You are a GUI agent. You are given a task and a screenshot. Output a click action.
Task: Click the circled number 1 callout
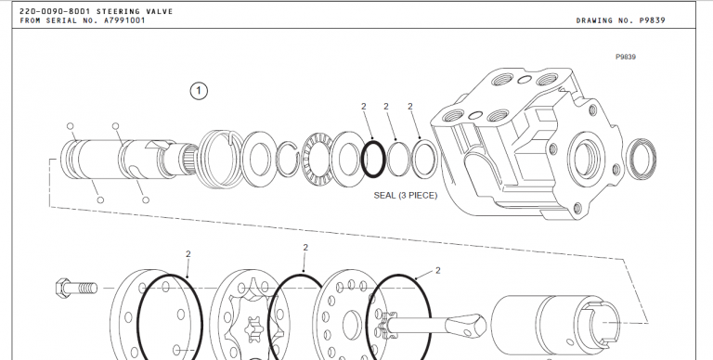pos(199,91)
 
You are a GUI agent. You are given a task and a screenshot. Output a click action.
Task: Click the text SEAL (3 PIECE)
pos(405,196)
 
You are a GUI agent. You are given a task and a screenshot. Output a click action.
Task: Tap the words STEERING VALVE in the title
pos(135,11)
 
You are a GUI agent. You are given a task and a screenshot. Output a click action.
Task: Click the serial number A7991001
pos(124,20)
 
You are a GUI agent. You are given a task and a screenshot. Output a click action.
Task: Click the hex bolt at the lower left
pos(76,288)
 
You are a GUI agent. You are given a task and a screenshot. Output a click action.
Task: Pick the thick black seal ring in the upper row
pos(373,159)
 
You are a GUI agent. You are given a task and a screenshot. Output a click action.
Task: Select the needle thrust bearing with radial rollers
pos(317,159)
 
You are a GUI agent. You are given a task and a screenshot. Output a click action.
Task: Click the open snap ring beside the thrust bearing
pos(288,159)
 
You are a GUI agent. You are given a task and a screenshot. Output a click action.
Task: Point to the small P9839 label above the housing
pos(626,57)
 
